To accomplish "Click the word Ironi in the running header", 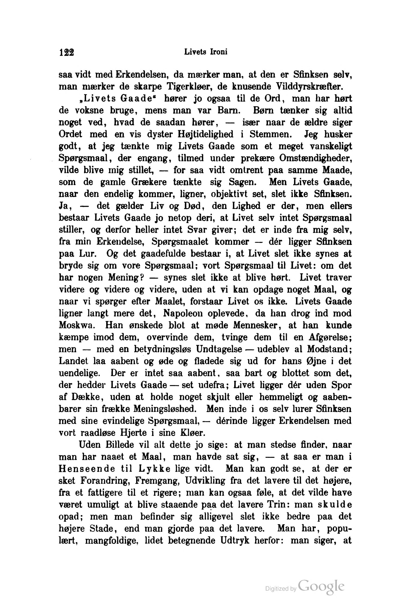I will (x=219, y=52).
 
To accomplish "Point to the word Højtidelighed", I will (x=205, y=134).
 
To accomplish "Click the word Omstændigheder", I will (x=315, y=158).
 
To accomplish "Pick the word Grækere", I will (x=149, y=182).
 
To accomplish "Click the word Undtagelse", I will (x=219, y=349).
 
